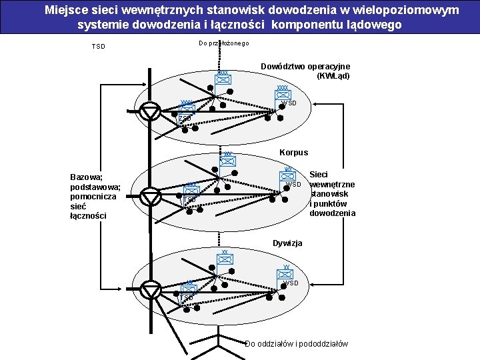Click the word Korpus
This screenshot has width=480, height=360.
coord(293,152)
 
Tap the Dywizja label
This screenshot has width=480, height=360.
coord(287,243)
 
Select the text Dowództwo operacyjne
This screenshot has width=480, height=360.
coord(305,67)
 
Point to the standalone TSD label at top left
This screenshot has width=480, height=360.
coord(98,47)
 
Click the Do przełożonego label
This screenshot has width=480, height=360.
coord(223,43)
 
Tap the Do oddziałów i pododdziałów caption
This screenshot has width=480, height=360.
coord(296,344)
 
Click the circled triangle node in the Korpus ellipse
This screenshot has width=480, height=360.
coord(152,197)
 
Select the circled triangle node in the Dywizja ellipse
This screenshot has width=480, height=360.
coord(152,290)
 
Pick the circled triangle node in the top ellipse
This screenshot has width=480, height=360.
coord(152,111)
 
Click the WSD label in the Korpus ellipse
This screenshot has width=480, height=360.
coord(294,184)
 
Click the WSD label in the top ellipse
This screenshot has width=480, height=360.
coord(289,103)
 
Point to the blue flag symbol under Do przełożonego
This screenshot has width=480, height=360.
coord(223,79)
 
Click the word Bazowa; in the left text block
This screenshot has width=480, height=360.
coord(86,177)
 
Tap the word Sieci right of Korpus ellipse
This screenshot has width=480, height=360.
coord(319,175)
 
